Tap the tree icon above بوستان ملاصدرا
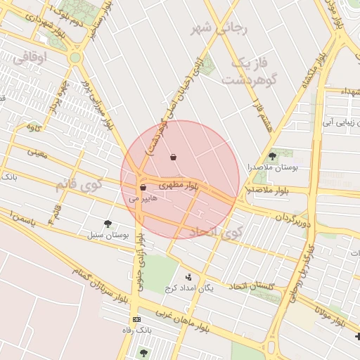pos(272,156)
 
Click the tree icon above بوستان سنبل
pos(108,223)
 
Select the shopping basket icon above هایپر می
pos(143,188)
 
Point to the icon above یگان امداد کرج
pos(188,277)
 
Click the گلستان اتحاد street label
pos(271,287)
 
